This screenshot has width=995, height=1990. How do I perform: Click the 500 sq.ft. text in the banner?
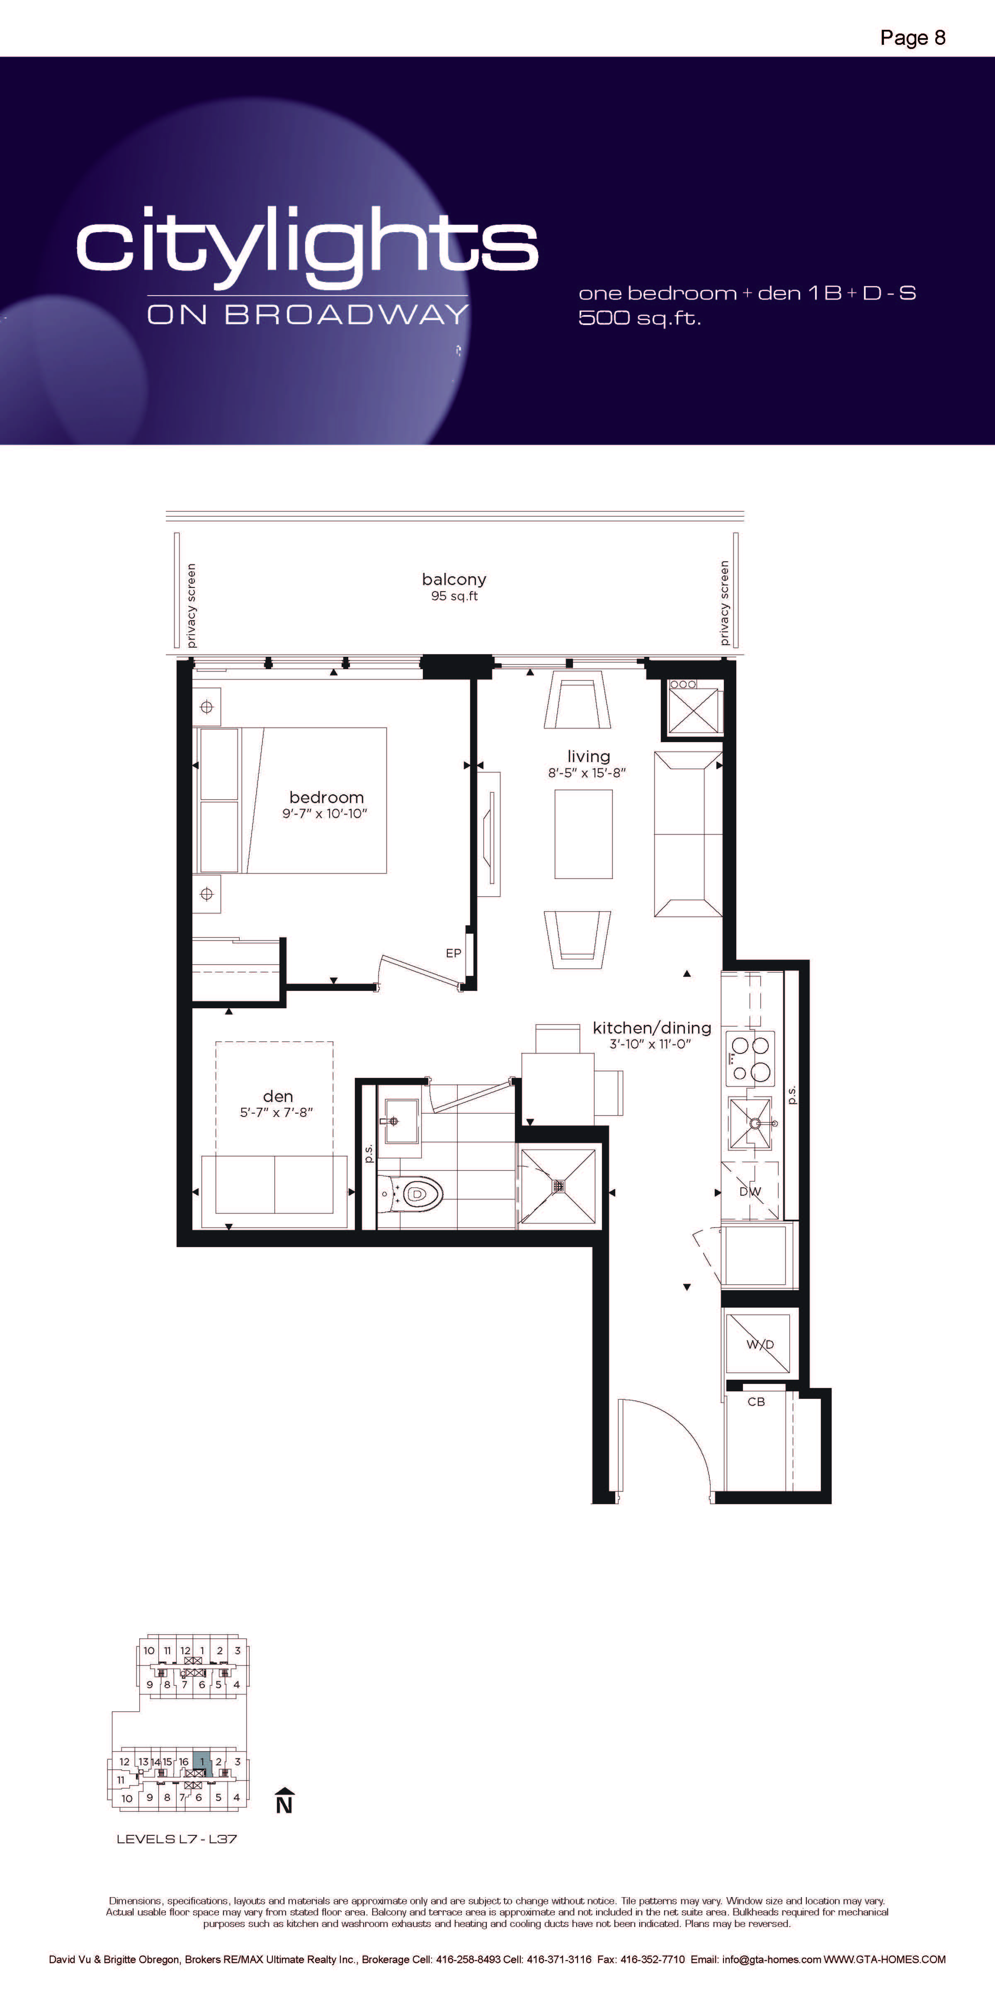[x=640, y=318]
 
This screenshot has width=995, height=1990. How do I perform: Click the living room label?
[x=589, y=756]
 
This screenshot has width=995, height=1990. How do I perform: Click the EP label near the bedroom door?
[x=454, y=953]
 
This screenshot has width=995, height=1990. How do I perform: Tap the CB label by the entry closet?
[x=756, y=1401]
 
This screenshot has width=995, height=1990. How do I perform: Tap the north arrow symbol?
[x=284, y=1800]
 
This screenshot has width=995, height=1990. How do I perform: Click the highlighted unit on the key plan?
[x=201, y=1764]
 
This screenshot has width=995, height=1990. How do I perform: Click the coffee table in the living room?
[x=583, y=834]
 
